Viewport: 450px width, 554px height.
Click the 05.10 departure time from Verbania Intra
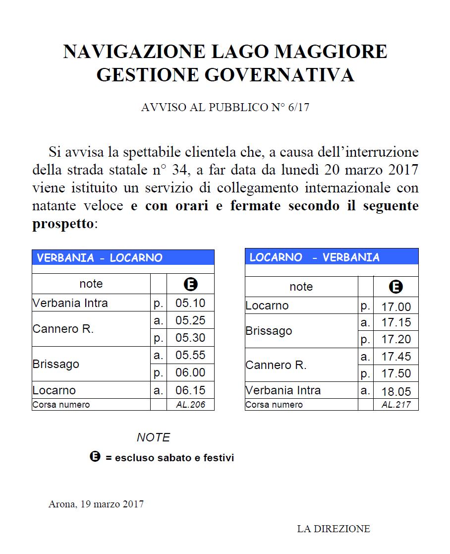coord(190,303)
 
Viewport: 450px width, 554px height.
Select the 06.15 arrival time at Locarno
coord(190,390)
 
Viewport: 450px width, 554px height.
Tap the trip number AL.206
coord(190,405)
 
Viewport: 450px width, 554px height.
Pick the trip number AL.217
coord(396,405)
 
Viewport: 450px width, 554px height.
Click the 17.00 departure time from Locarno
coord(396,307)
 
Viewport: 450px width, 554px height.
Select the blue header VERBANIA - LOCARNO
coord(100,258)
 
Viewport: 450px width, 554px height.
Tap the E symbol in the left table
coord(190,284)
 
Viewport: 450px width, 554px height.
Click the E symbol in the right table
coord(395,287)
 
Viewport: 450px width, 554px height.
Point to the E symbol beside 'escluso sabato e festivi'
coord(95,457)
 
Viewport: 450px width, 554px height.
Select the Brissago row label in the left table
coord(56,364)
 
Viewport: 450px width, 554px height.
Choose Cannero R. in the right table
coord(276,366)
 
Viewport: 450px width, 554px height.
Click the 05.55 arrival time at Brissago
coord(190,355)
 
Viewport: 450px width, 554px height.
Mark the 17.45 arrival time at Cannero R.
coord(396,357)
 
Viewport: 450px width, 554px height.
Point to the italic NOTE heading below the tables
coord(153,437)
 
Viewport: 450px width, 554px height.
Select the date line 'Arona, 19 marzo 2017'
coord(96,504)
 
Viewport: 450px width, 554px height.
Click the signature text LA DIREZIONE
coord(334,529)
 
